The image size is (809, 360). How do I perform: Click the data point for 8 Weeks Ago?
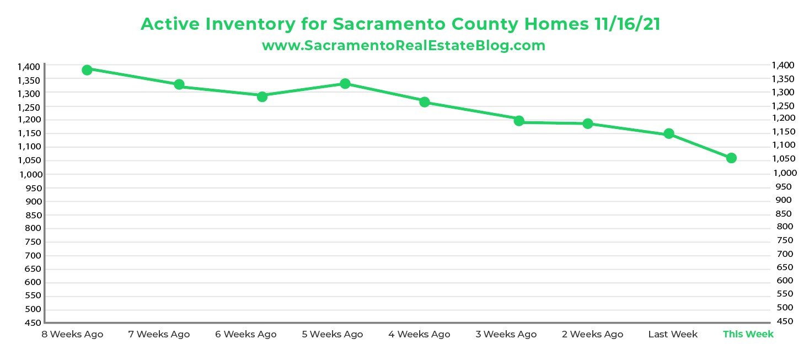click(x=87, y=69)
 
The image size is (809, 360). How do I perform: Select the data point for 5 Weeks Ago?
click(x=345, y=83)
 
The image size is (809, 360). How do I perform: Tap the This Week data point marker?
click(x=731, y=158)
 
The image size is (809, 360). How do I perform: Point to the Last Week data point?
click(x=669, y=133)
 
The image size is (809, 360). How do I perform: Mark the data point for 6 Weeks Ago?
click(x=262, y=96)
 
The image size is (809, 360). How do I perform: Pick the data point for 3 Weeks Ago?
click(x=519, y=121)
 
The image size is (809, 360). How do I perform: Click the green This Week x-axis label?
click(x=748, y=334)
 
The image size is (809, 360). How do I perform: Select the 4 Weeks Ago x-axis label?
click(x=419, y=334)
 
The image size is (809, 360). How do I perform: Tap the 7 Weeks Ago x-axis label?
click(x=159, y=334)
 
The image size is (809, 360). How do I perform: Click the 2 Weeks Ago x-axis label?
click(x=592, y=334)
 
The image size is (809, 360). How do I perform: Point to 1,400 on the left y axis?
click(x=29, y=67)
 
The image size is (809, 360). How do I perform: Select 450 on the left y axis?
click(x=33, y=323)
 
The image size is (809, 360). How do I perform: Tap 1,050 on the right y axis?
click(x=784, y=159)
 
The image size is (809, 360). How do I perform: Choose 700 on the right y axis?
click(x=784, y=254)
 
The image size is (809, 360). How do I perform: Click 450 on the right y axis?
click(x=784, y=321)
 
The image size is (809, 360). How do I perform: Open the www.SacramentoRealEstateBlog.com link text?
click(x=404, y=46)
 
